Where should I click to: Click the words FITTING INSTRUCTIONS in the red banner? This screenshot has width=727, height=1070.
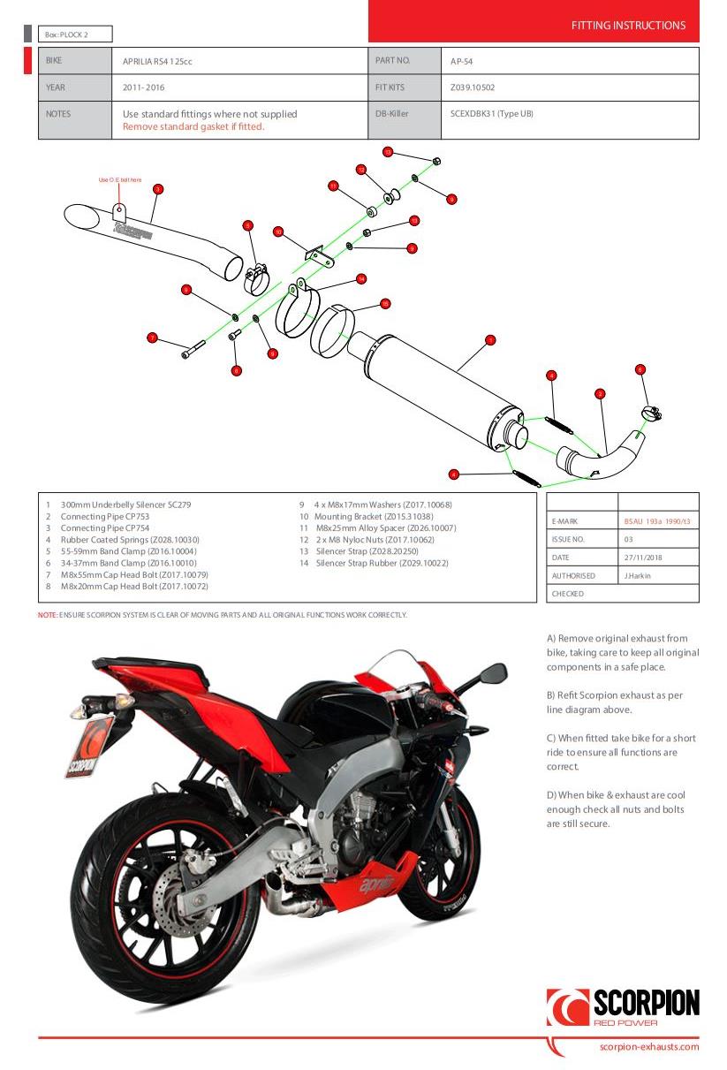coord(628,26)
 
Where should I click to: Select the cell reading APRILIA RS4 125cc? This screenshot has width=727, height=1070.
coord(157,61)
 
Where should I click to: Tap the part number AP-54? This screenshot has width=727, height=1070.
coord(462,61)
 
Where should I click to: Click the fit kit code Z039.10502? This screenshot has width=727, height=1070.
coord(473,87)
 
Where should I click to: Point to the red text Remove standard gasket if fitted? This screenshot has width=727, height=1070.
coord(193,126)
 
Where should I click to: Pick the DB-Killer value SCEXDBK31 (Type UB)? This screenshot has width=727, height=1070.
coord(492,113)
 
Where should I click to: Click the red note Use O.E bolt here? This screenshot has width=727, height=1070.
coord(119,179)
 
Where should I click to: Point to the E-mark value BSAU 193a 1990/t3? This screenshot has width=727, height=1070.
coord(656,521)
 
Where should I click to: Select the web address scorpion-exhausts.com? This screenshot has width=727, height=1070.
coord(648,1047)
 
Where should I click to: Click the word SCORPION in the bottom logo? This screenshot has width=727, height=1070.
coord(646,1003)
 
